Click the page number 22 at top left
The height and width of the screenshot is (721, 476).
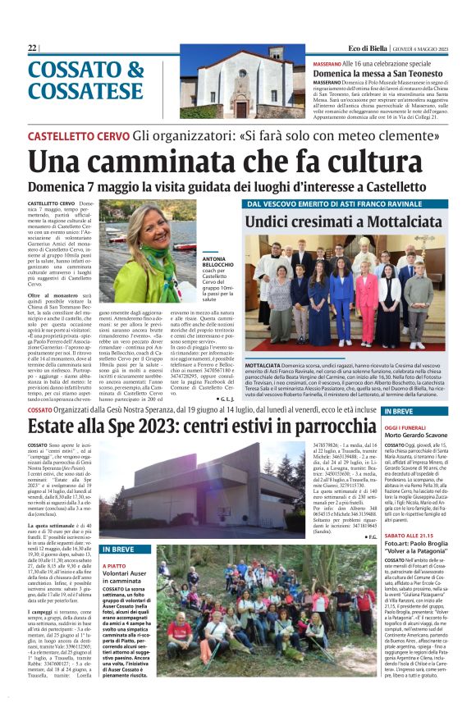(32, 48)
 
